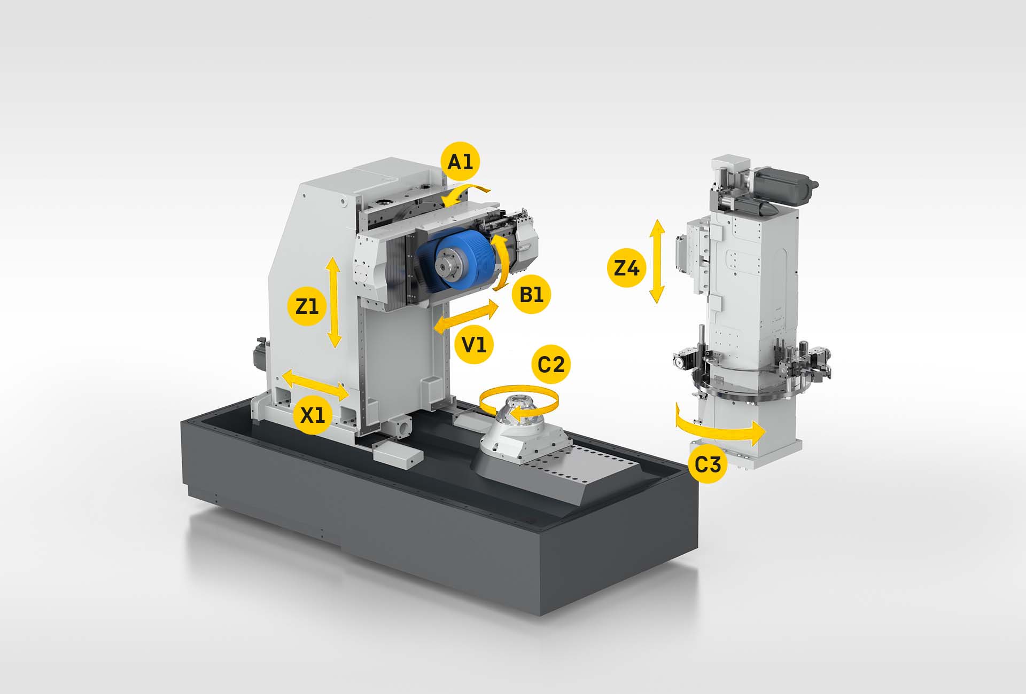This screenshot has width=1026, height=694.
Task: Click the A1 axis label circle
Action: coord(461,161)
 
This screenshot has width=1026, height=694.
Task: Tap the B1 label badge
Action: coord(531,294)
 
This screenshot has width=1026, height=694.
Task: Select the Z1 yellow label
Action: coord(307,306)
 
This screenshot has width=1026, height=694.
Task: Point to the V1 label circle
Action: coord(474,345)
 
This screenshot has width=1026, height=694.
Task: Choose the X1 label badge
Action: coord(313,415)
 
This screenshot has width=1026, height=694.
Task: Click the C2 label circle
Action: coord(551,365)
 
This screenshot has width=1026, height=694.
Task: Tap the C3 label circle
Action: coord(708,464)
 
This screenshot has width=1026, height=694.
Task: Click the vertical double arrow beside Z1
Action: coord(334,302)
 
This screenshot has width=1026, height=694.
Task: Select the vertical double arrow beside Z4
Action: coord(657,261)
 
